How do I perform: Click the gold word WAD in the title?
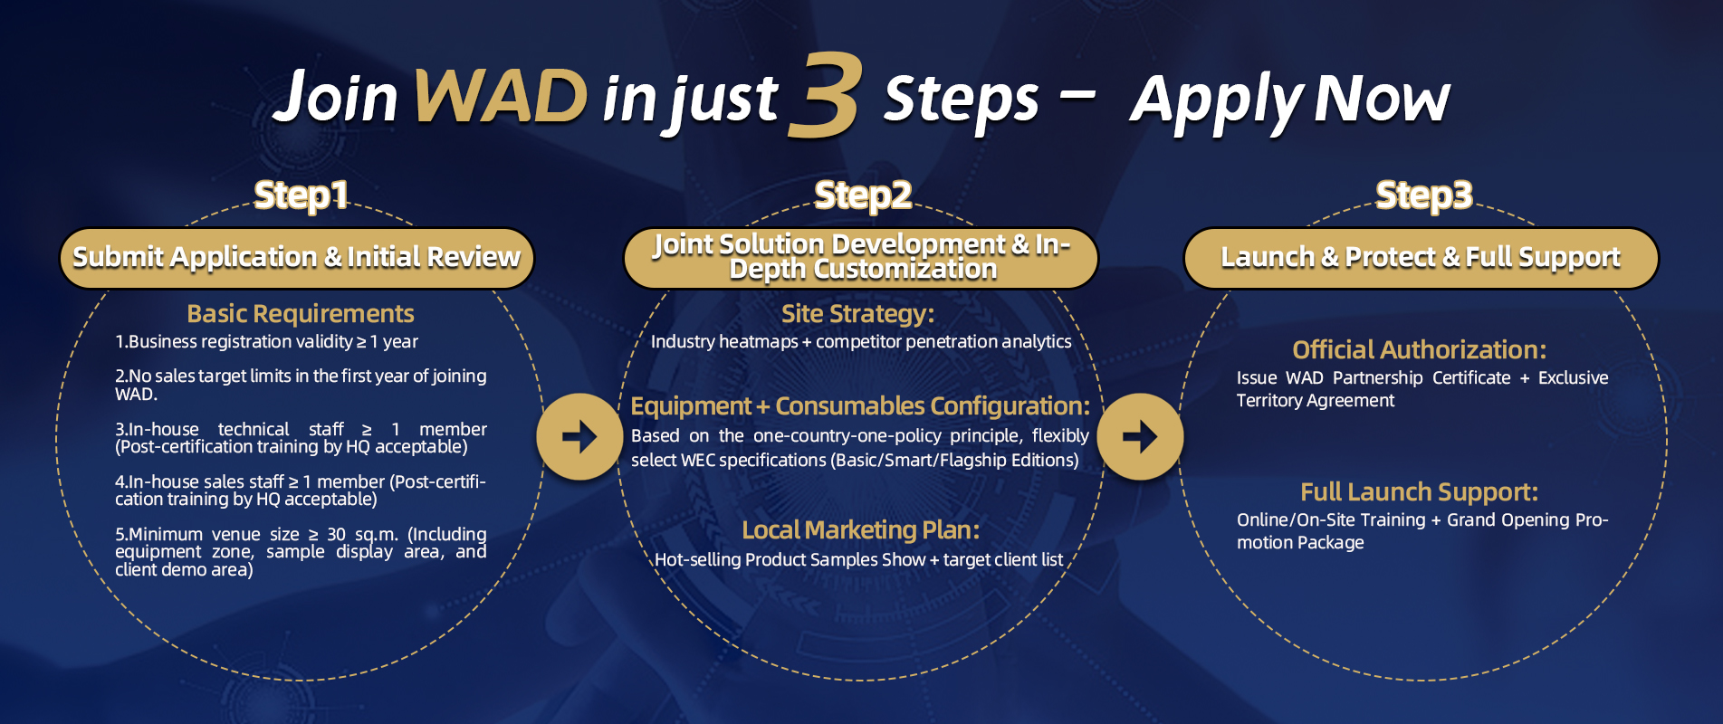(x=501, y=96)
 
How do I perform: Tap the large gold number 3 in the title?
(x=824, y=96)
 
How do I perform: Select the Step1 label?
(x=301, y=195)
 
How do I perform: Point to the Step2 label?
(x=863, y=195)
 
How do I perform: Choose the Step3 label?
(x=1424, y=195)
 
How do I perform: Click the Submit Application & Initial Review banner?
(x=297, y=258)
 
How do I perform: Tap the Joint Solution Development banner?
(x=861, y=258)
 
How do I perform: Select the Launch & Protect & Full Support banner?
(x=1421, y=258)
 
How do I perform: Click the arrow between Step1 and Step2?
(x=579, y=437)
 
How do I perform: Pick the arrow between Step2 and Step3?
(x=1140, y=437)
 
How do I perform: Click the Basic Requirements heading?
(x=301, y=314)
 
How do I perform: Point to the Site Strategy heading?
(x=857, y=314)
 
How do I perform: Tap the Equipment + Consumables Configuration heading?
(x=860, y=406)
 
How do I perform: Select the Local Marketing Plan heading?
(x=861, y=530)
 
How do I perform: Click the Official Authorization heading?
(x=1420, y=350)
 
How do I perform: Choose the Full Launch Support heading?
(x=1420, y=492)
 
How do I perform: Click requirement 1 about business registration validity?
(x=266, y=342)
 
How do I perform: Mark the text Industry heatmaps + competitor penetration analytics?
(x=861, y=342)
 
